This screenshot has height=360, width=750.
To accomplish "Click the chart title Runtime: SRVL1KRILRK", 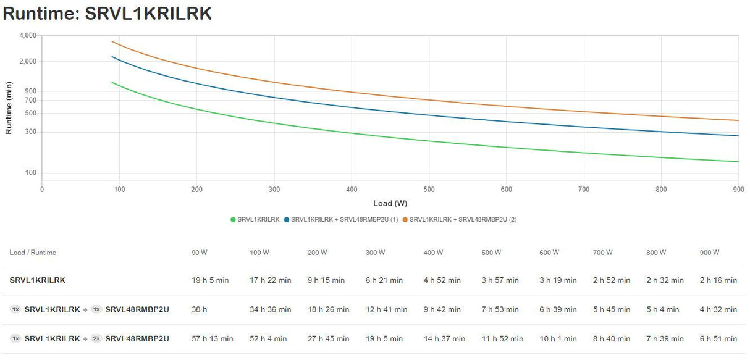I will click(x=107, y=14).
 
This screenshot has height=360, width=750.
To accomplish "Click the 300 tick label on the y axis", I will click(x=32, y=132).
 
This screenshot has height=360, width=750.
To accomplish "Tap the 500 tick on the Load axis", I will click(x=429, y=190).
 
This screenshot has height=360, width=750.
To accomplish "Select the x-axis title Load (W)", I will click(x=390, y=203).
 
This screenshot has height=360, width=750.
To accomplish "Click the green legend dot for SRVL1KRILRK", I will click(x=233, y=219).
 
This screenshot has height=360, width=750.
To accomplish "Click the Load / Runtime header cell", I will click(x=33, y=253).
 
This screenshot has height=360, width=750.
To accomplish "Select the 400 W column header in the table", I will click(x=433, y=253).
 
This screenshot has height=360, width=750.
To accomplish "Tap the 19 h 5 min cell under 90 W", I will click(x=210, y=280).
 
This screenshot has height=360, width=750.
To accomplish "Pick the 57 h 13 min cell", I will click(x=213, y=338).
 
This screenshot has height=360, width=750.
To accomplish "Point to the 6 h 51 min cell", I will click(x=718, y=338).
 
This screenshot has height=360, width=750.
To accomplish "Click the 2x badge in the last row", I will click(x=96, y=338).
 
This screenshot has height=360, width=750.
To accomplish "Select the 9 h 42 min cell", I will click(x=442, y=309).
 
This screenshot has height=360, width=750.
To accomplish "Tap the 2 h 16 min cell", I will click(x=718, y=280).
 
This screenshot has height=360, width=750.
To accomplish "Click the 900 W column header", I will click(x=709, y=253).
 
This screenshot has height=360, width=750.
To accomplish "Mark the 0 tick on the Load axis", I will click(x=42, y=190).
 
